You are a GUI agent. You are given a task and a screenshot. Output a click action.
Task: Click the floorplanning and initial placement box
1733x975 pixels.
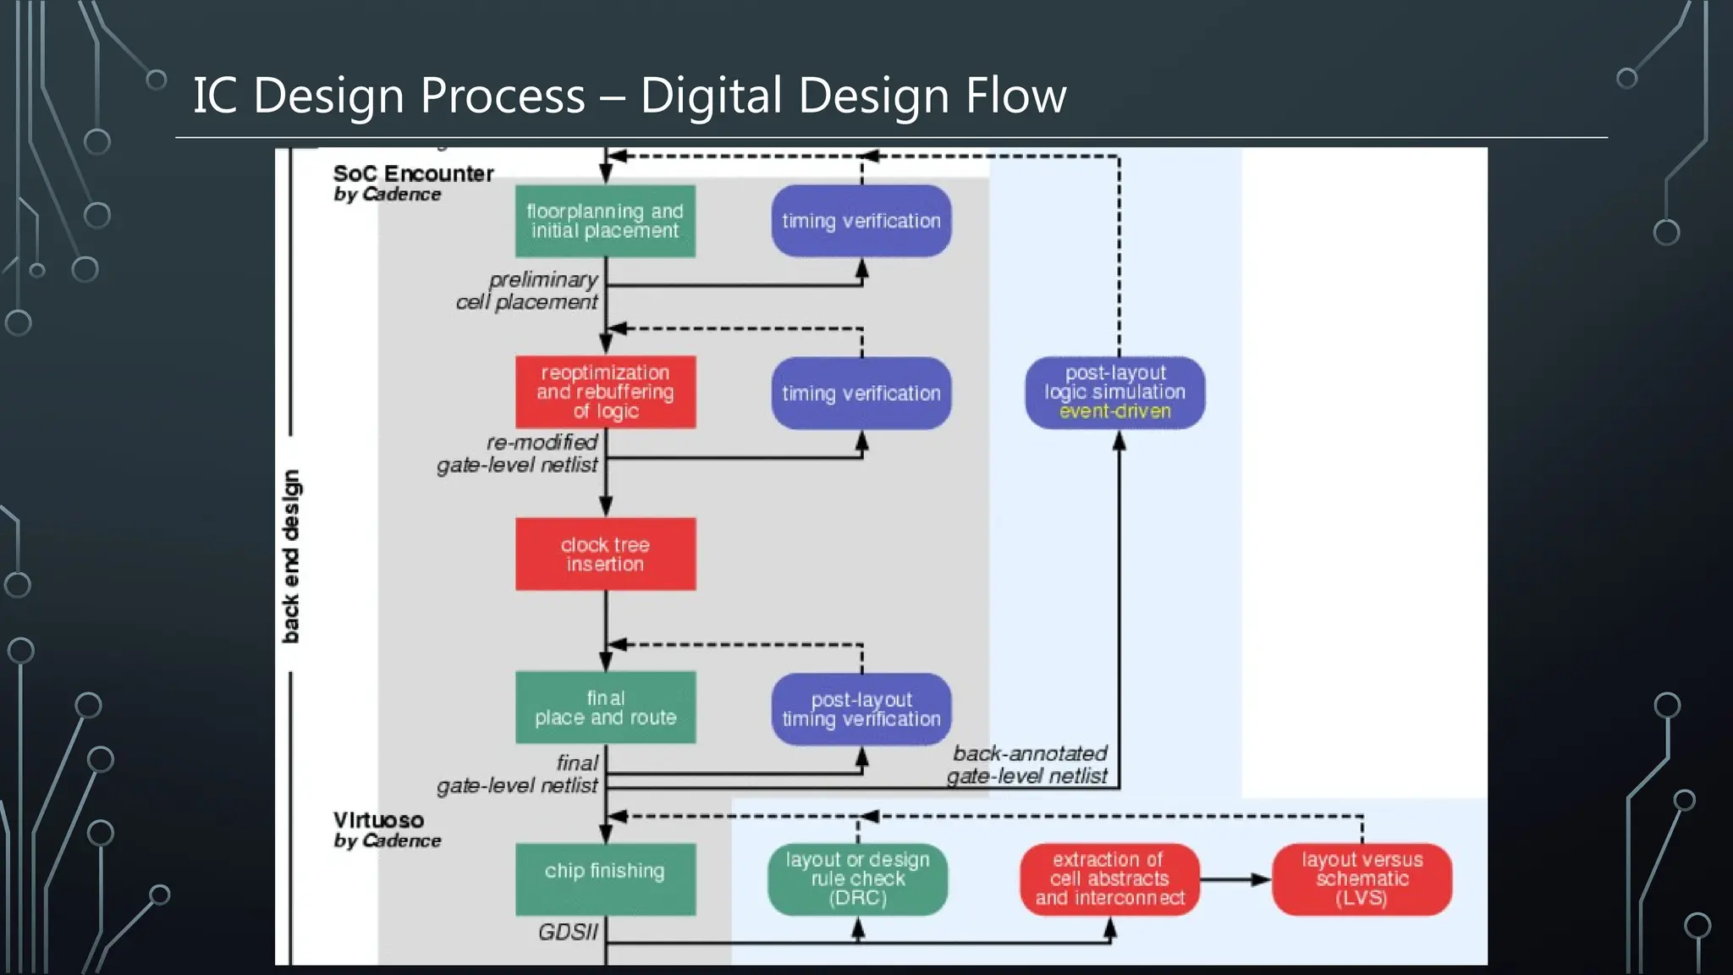click(x=605, y=221)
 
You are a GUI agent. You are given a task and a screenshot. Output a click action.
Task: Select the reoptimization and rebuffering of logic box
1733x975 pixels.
click(x=605, y=392)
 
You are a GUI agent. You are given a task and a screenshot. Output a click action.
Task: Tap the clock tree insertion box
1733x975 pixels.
click(x=605, y=554)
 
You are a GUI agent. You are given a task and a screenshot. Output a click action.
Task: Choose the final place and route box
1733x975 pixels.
click(x=605, y=708)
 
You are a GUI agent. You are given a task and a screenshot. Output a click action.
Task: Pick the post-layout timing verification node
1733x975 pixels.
click(x=861, y=709)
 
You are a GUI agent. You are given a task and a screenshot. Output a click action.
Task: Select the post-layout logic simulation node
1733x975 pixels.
click(x=1114, y=392)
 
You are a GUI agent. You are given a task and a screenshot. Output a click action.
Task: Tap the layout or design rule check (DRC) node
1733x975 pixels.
click(x=857, y=879)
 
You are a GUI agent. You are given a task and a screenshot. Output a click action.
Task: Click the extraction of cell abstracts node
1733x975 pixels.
click(x=1109, y=879)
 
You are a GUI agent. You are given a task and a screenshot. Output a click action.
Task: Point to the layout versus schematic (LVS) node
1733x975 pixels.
click(x=1362, y=879)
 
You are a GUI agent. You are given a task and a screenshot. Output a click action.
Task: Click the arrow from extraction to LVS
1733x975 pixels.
click(x=1235, y=879)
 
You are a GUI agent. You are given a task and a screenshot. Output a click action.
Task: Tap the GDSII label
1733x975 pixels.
click(x=567, y=932)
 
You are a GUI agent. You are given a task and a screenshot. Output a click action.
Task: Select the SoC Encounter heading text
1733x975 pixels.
click(x=413, y=174)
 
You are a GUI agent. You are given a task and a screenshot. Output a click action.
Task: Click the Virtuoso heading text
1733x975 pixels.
click(x=378, y=820)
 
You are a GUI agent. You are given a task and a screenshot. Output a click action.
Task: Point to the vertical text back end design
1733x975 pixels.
click(x=290, y=556)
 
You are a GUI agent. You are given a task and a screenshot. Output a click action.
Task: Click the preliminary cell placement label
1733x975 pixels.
click(x=528, y=290)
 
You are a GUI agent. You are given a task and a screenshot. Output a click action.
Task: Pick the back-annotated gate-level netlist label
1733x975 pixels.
click(x=1028, y=764)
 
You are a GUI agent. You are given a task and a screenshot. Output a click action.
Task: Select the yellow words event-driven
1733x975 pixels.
click(x=1114, y=411)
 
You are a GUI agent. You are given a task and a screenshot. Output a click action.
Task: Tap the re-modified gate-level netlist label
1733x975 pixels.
click(x=518, y=454)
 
